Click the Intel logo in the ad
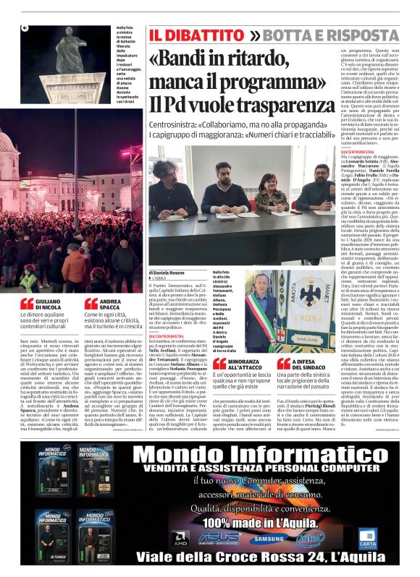click(x=310, y=537)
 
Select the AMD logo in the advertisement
click(x=180, y=538)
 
